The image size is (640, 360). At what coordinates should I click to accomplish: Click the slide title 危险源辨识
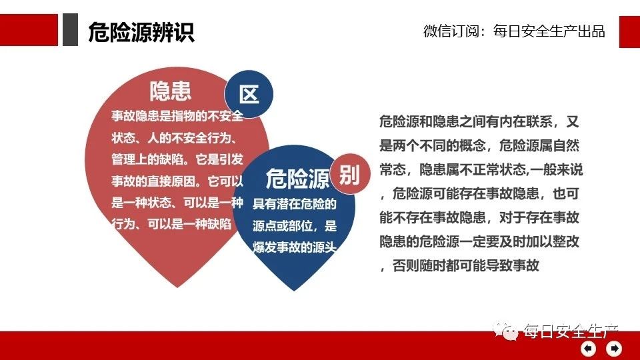click(x=141, y=32)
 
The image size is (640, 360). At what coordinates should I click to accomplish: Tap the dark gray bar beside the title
click(x=70, y=29)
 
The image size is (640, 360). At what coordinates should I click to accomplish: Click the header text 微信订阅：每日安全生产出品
click(x=514, y=31)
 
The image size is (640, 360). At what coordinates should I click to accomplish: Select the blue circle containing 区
click(x=249, y=94)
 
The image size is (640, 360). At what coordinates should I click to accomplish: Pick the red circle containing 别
click(x=350, y=174)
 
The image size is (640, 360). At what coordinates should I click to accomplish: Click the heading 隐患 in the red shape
click(x=170, y=91)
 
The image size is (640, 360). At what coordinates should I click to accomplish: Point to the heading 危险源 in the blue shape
click(x=297, y=179)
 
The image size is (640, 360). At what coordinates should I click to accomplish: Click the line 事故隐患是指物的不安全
click(x=177, y=116)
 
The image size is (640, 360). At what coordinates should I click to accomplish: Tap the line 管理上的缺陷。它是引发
click(x=177, y=159)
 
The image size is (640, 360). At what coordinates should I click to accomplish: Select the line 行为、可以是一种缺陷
click(x=171, y=224)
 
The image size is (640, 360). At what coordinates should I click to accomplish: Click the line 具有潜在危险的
click(x=294, y=204)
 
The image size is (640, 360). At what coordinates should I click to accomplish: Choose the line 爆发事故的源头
click(x=294, y=247)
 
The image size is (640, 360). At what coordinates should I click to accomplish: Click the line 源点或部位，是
click(x=294, y=225)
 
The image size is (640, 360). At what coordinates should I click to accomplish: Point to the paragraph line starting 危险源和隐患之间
click(x=479, y=121)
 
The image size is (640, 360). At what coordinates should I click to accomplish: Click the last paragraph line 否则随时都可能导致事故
click(x=459, y=266)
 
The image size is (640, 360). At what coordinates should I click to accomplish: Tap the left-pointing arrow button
click(x=588, y=348)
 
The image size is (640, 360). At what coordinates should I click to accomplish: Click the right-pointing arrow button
click(x=614, y=348)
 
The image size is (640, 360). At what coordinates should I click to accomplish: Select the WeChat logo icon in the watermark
click(x=505, y=330)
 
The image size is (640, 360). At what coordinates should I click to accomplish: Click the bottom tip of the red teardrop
click(x=177, y=287)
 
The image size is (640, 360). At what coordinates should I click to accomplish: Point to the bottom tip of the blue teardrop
click(x=294, y=290)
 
